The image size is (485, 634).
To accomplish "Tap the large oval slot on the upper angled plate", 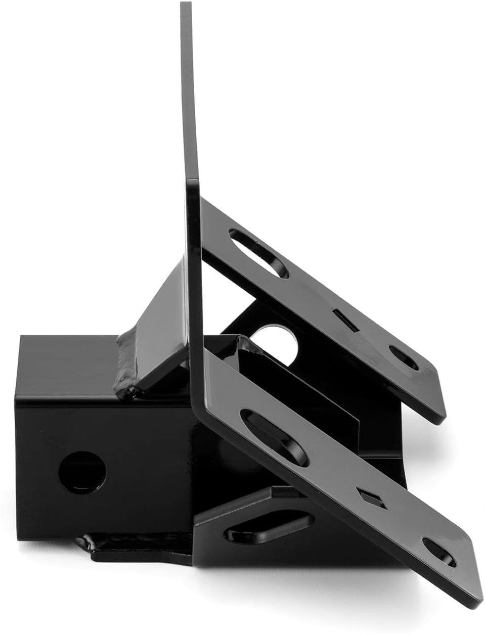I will click(x=258, y=253).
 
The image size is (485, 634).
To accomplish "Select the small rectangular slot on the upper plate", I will click(x=346, y=321).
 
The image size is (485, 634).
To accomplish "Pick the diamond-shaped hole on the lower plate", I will click(x=372, y=498).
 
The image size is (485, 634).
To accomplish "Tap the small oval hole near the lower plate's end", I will click(x=438, y=552).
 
